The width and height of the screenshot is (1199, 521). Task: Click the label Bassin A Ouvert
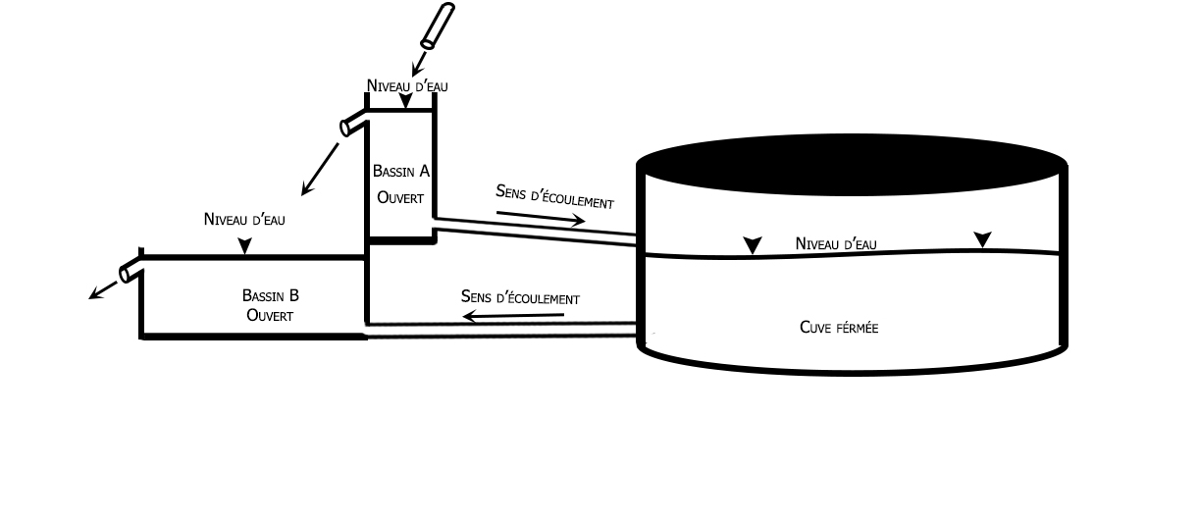coord(400,183)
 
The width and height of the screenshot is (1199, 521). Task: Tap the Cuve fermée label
coord(839,328)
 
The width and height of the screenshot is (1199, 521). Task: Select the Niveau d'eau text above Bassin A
coord(407,85)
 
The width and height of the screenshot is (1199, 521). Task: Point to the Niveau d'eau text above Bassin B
coord(244,219)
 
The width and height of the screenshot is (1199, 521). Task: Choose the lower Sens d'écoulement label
coord(520,296)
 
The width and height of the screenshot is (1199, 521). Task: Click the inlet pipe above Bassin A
coord(437,26)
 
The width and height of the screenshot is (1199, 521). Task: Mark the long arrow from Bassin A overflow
coord(320,169)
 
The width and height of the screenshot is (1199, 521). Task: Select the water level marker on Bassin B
coord(244,249)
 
